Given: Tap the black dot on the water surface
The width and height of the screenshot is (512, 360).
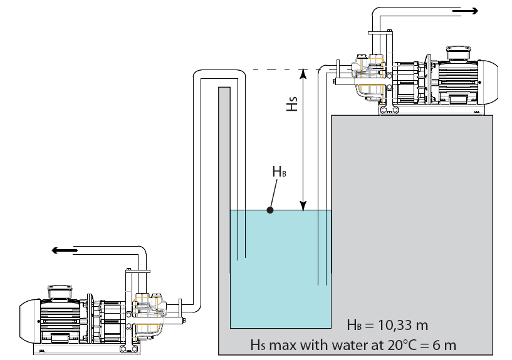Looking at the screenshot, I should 270,210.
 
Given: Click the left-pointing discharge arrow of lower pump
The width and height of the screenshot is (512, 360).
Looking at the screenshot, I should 65,250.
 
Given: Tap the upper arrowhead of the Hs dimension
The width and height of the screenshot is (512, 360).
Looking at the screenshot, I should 303,74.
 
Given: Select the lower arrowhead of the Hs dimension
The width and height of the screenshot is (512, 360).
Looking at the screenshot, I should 303,205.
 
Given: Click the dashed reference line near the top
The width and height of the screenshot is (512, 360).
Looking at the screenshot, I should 276,69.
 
